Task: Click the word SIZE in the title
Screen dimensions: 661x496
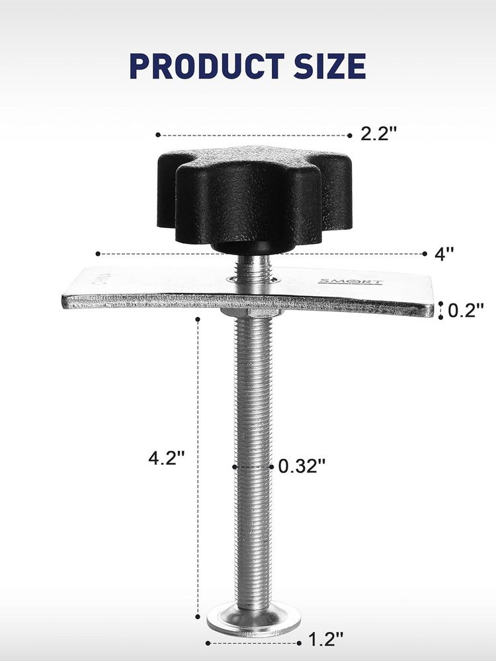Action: [x=327, y=66]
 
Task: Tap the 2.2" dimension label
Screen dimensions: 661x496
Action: [x=378, y=134]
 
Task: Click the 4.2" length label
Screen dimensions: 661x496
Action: [x=165, y=458]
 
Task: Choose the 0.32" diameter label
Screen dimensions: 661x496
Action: [x=302, y=466]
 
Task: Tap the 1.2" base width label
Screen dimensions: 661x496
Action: [x=326, y=640]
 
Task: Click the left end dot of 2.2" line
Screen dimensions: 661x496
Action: [x=157, y=135]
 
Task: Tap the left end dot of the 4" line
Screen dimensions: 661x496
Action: [x=97, y=253]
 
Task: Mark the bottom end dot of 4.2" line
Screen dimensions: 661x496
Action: [x=198, y=618]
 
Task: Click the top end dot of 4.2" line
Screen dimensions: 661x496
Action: [x=198, y=319]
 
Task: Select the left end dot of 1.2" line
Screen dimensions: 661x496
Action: [x=208, y=642]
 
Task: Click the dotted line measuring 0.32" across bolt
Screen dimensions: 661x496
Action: [x=254, y=467]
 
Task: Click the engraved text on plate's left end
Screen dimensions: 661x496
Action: [x=99, y=278]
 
